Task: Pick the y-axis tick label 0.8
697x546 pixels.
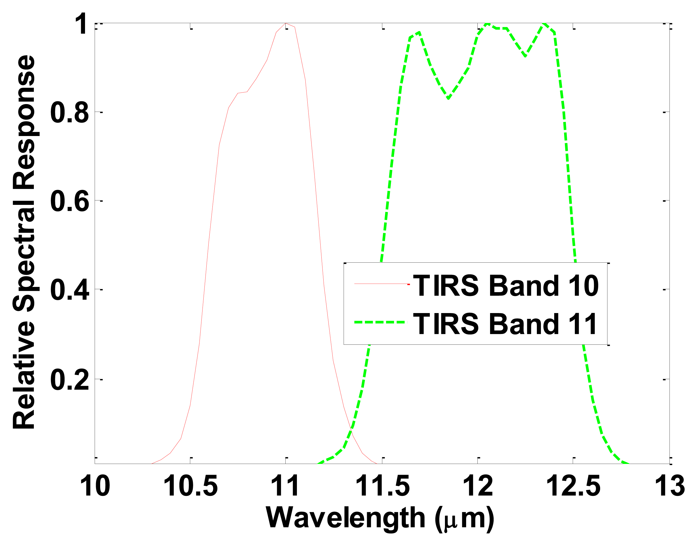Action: coord(69,113)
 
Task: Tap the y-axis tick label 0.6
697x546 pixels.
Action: coord(69,201)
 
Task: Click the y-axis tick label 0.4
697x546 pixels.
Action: coord(69,290)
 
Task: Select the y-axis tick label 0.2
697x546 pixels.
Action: coord(69,380)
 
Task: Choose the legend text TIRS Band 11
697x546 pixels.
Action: coord(505,324)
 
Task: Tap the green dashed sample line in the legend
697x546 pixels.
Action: coord(380,322)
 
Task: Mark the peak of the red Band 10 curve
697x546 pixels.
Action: coord(286,23)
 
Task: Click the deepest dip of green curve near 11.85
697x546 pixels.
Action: coord(449,98)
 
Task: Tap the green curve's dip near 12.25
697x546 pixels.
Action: coord(526,56)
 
